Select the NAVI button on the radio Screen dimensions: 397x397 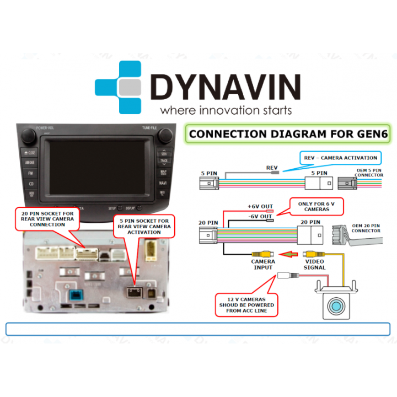pos(163,183)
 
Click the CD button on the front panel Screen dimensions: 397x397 pos(31,184)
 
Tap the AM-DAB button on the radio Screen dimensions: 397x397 pos(30,163)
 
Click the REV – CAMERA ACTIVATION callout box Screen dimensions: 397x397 pos(340,158)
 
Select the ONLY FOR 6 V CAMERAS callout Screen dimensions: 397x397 pos(316,206)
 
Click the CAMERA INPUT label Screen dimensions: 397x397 pos(263,265)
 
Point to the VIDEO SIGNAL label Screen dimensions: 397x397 pos(314,265)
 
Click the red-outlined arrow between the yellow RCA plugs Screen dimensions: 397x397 pos(289,254)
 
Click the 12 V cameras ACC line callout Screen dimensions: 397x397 pos(245,304)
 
